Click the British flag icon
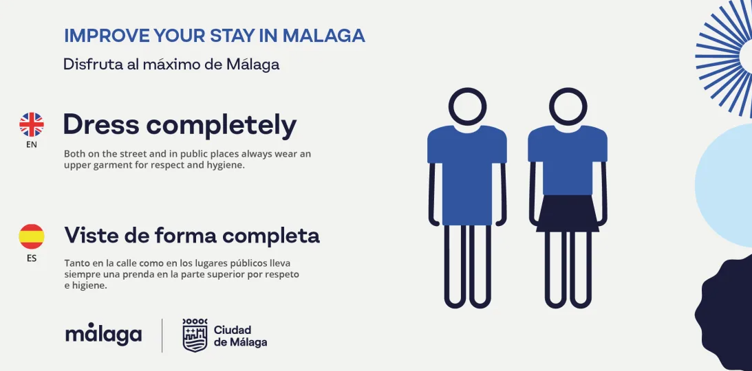point(32,124)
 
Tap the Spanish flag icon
point(32,236)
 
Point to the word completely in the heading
point(222,126)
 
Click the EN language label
point(32,144)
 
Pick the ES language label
point(32,259)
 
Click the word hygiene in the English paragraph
point(230,166)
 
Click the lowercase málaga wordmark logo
point(104,334)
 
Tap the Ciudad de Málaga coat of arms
point(195,335)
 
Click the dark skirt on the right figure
point(568,213)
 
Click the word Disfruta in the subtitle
point(91,64)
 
